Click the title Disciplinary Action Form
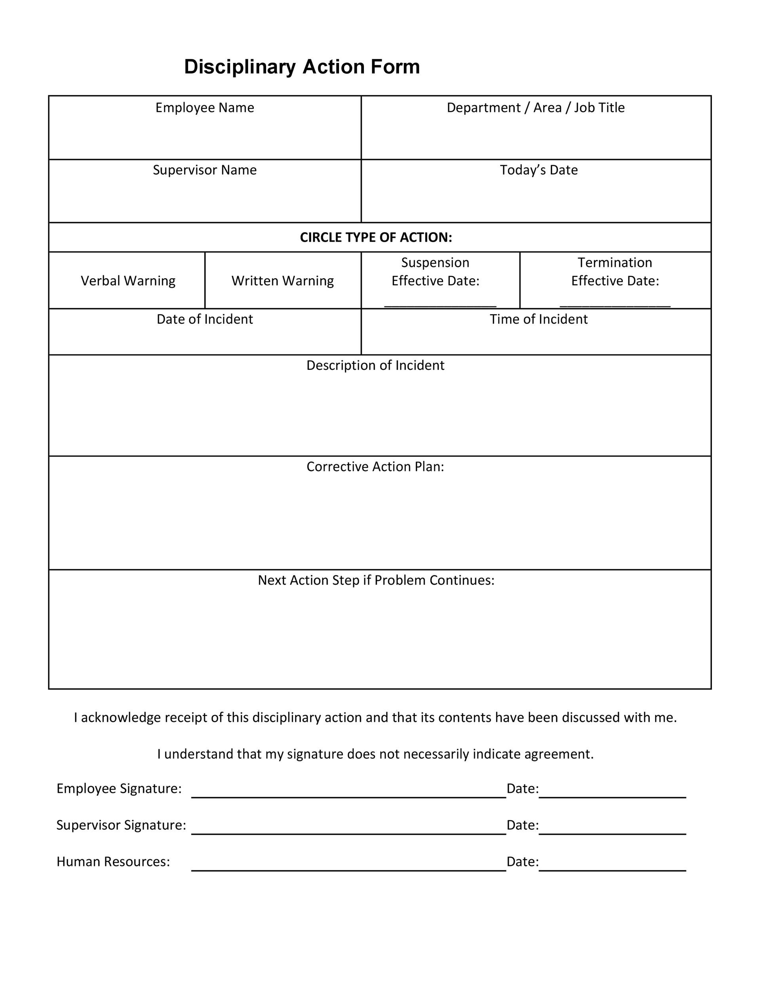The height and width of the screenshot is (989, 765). pyautogui.click(x=302, y=67)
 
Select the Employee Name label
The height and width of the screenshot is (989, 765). pyautogui.click(x=205, y=108)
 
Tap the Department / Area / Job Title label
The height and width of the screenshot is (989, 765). pyautogui.click(x=536, y=108)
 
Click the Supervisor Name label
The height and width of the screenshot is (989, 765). pyautogui.click(x=205, y=170)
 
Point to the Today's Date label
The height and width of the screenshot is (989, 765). pyautogui.click(x=539, y=170)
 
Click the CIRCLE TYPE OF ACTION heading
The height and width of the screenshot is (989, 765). pyautogui.click(x=376, y=238)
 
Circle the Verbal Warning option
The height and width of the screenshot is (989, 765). pyautogui.click(x=128, y=281)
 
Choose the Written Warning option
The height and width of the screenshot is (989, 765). pyautogui.click(x=283, y=281)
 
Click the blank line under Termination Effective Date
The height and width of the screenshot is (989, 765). pyautogui.click(x=615, y=306)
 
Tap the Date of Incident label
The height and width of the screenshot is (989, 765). pyautogui.click(x=205, y=320)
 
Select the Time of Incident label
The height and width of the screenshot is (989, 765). pyautogui.click(x=539, y=320)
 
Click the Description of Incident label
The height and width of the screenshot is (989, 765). pyautogui.click(x=375, y=366)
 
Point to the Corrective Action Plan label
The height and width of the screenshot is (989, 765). pyautogui.click(x=375, y=467)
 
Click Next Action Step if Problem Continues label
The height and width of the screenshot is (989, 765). pyautogui.click(x=376, y=580)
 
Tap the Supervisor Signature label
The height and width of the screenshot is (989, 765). pyautogui.click(x=121, y=825)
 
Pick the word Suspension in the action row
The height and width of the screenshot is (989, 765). pyautogui.click(x=435, y=263)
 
